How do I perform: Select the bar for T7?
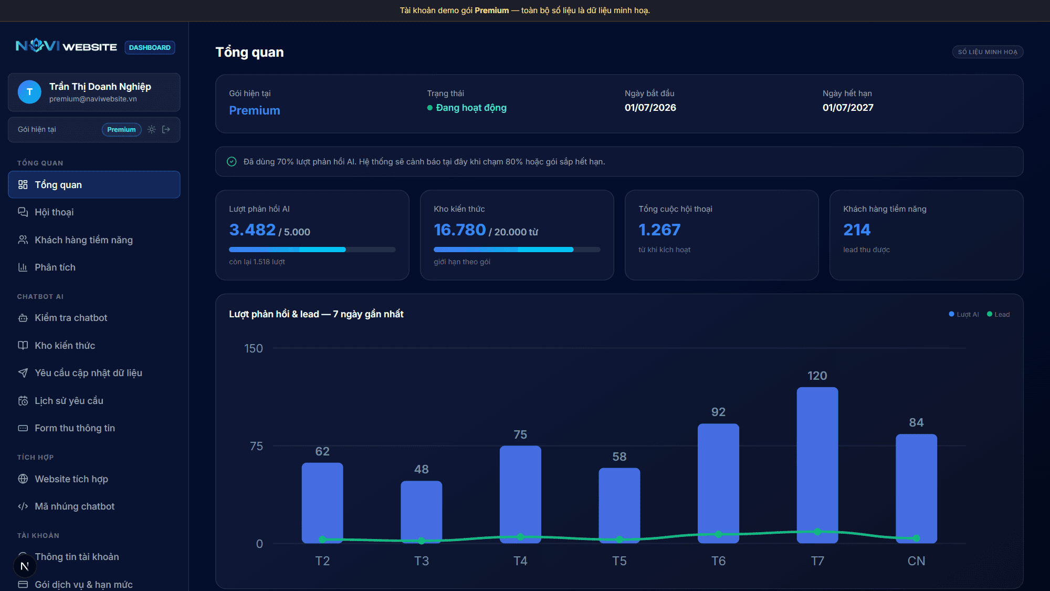pos(817,465)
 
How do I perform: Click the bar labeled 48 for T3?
pos(421,512)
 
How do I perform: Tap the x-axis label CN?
pos(916,561)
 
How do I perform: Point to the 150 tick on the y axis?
pos(254,348)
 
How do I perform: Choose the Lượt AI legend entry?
pos(964,314)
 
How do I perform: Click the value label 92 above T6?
pos(718,412)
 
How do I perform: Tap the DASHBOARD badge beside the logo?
pos(150,47)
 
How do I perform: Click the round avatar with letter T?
pos(29,92)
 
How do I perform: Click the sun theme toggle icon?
pos(152,129)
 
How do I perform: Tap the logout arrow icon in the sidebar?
pos(166,129)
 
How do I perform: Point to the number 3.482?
pos(252,230)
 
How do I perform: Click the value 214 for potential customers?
pos(857,230)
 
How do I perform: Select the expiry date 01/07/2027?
pos(848,108)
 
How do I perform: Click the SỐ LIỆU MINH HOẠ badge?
pos(988,52)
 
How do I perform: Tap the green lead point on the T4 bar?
pos(520,537)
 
